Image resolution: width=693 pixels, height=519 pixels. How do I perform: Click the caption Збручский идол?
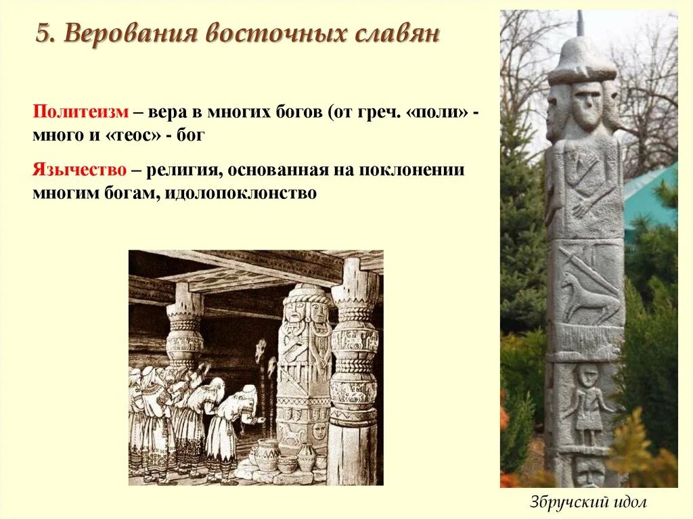589,503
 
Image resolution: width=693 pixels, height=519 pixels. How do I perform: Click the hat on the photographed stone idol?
581,61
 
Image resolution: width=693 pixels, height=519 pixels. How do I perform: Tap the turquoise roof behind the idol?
650,196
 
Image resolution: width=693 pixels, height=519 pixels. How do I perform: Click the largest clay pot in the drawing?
267,455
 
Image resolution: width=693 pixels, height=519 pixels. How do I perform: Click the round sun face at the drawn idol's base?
319,430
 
